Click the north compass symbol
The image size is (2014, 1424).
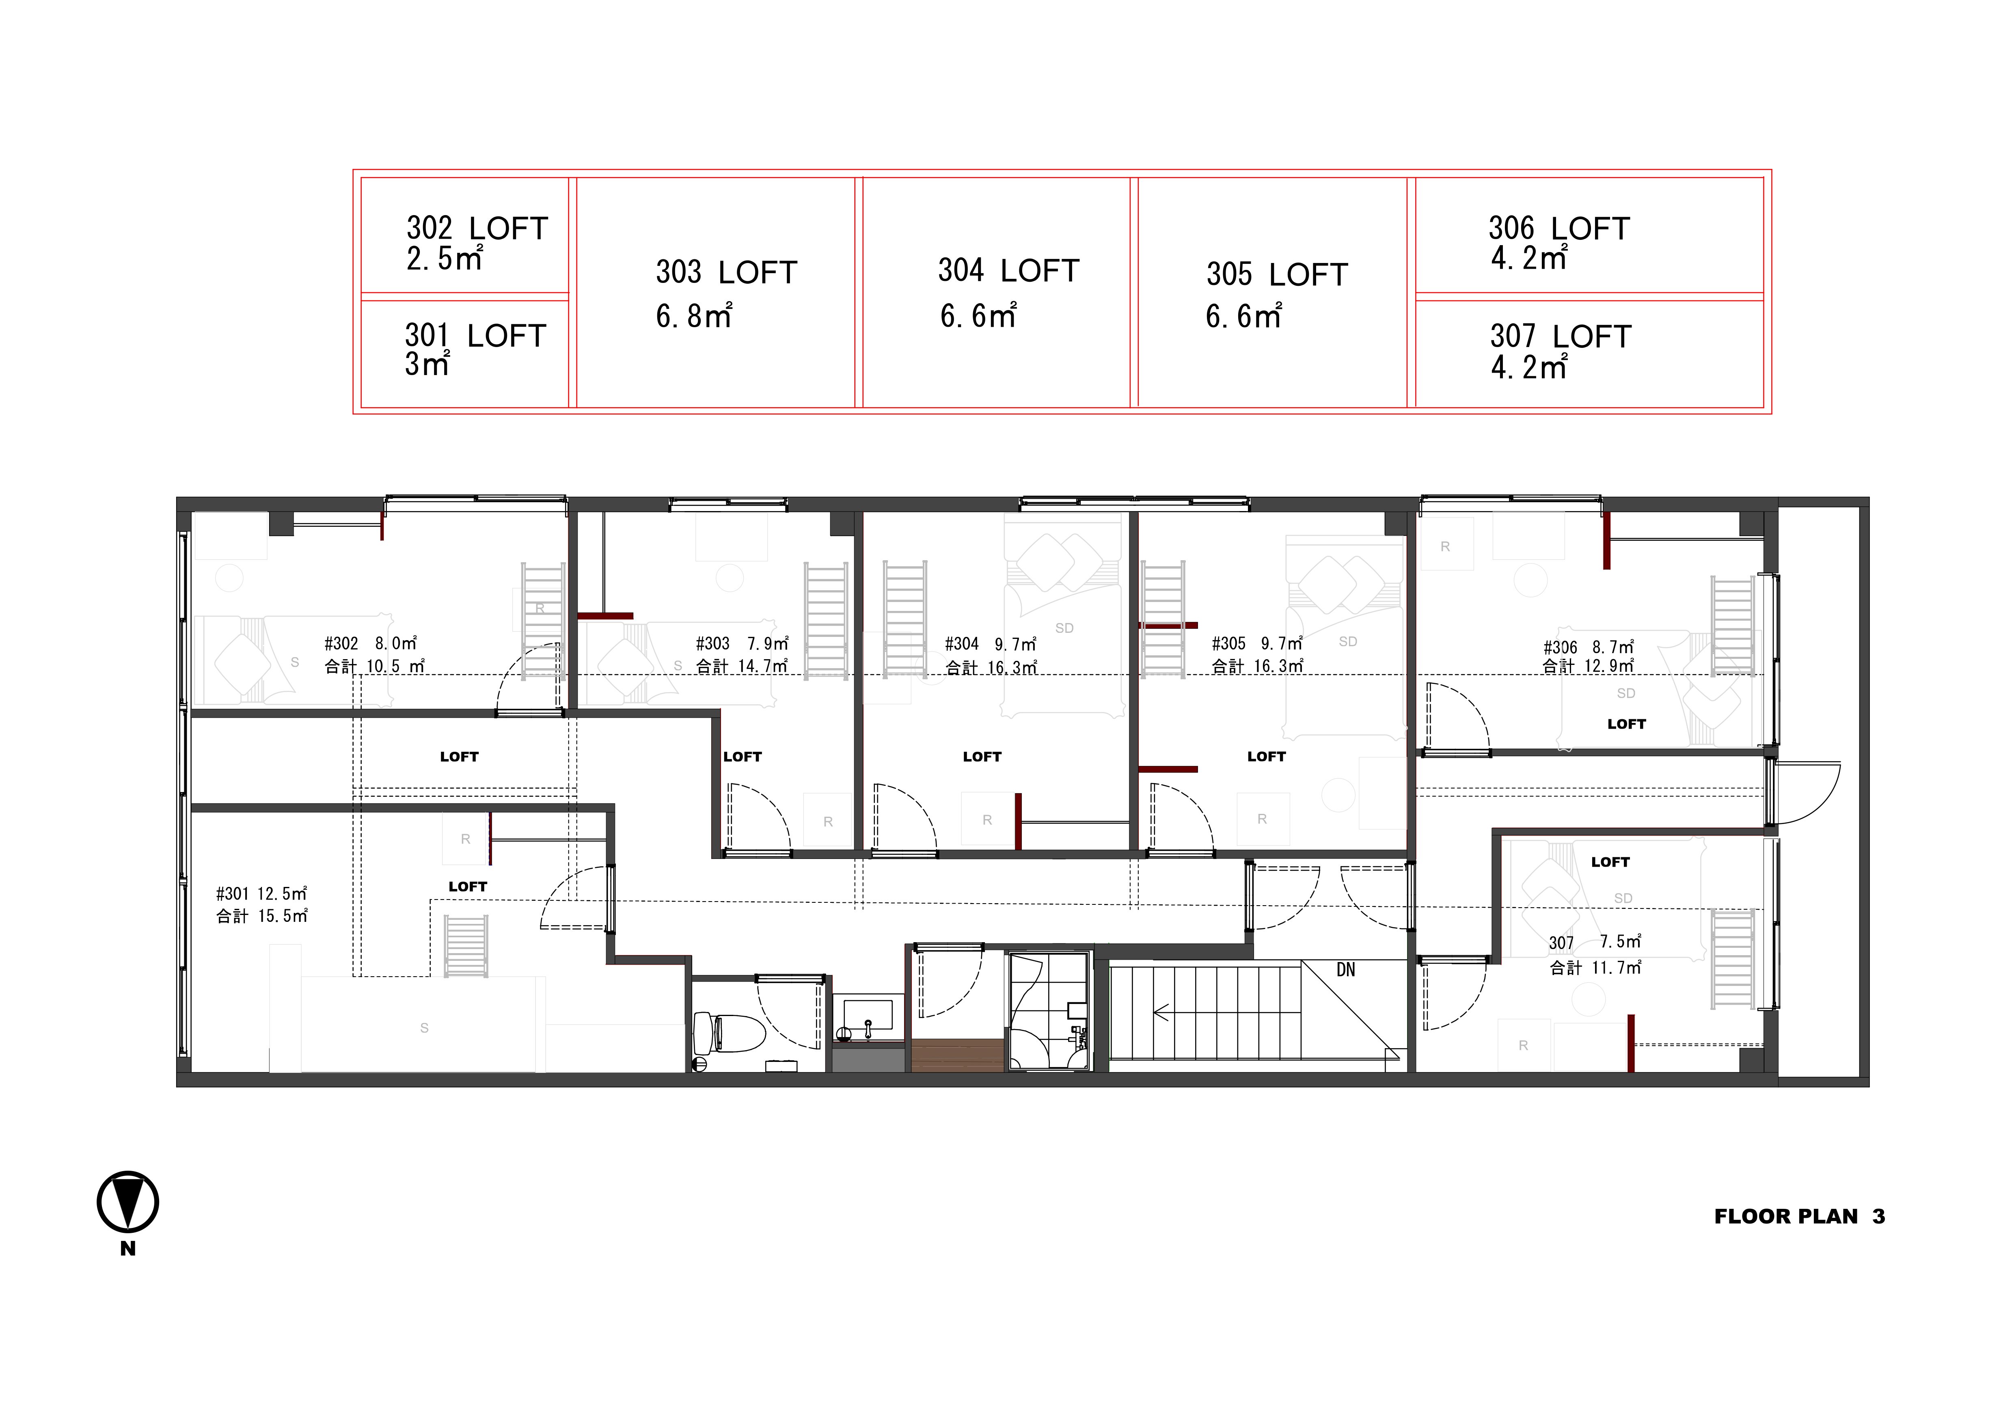(x=128, y=1202)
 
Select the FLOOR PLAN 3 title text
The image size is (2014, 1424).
(x=1799, y=1217)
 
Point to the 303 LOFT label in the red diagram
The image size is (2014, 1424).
(x=726, y=273)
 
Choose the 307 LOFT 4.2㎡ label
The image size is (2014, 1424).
(x=1561, y=351)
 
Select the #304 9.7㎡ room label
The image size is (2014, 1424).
(x=990, y=645)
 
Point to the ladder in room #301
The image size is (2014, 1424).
(x=466, y=946)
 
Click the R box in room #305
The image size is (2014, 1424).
(x=1262, y=819)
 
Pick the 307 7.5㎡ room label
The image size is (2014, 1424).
(x=1595, y=943)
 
